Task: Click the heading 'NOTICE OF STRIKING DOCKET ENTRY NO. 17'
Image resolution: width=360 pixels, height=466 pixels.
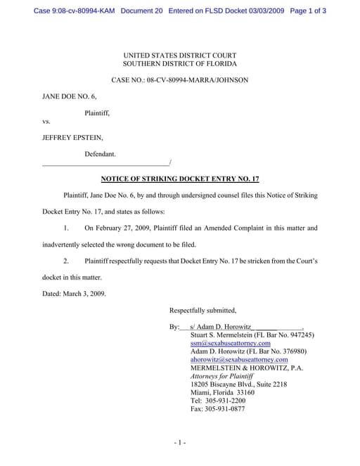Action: click(x=180, y=179)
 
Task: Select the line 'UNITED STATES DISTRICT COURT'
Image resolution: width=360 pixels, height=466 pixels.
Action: click(x=180, y=56)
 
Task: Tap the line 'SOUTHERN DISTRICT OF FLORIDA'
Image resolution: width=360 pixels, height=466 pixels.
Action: click(x=180, y=64)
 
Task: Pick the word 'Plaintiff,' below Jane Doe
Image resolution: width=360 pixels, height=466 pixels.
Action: click(x=97, y=112)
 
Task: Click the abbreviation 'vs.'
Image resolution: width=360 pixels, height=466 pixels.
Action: click(x=46, y=121)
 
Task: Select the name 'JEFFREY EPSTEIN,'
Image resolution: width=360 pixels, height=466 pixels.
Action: click(x=73, y=137)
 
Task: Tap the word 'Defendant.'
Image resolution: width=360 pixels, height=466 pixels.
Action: click(x=100, y=153)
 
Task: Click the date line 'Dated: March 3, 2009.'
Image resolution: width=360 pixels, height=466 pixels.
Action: click(x=75, y=293)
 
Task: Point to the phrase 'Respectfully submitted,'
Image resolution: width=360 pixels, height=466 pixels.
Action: click(x=203, y=310)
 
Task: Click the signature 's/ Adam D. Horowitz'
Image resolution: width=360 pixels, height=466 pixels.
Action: click(x=220, y=327)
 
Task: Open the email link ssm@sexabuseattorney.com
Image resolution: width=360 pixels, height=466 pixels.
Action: click(x=231, y=343)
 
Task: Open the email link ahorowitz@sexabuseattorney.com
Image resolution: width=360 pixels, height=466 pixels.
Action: click(x=239, y=360)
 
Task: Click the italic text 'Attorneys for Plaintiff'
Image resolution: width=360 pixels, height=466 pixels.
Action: click(x=221, y=376)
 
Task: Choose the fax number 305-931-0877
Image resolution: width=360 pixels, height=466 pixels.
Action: click(x=218, y=409)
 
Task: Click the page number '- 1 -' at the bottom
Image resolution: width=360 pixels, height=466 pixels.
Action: click(x=179, y=442)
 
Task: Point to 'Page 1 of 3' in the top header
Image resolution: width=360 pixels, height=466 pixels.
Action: click(x=307, y=11)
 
